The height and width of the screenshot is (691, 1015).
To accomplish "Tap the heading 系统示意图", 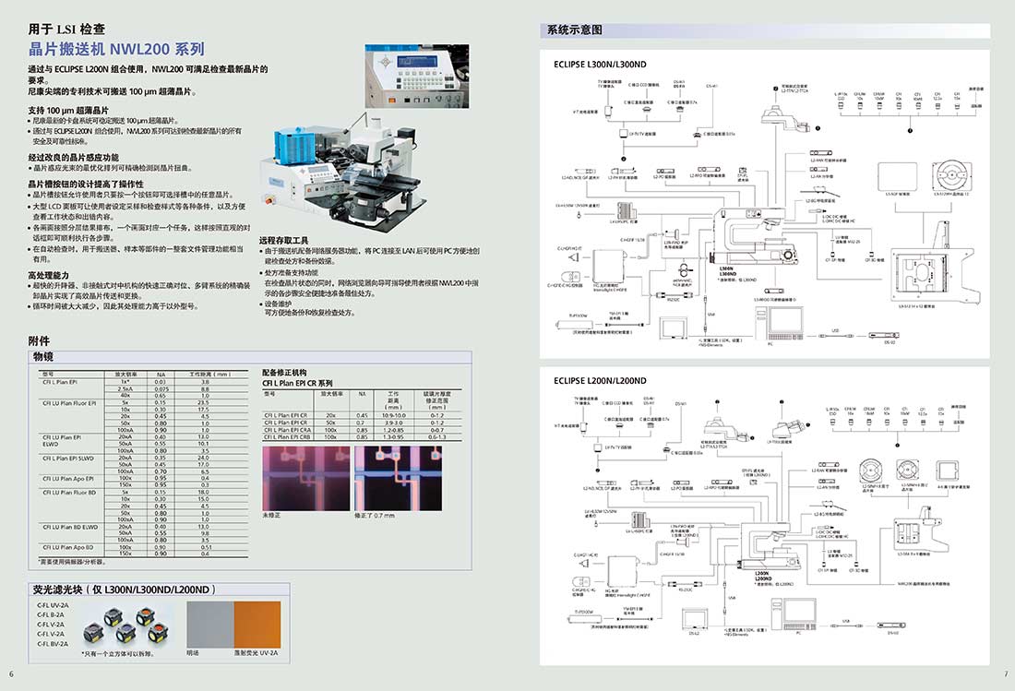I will point(575,30).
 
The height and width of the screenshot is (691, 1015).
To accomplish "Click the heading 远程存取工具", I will point(289,239).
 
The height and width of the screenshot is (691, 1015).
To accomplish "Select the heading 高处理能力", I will point(48,275).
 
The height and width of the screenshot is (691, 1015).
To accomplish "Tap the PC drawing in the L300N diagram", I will point(778,319).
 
